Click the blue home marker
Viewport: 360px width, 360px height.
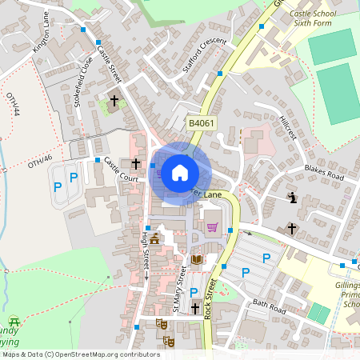pyautogui.click(x=179, y=172)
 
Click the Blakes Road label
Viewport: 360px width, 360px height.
pyautogui.click(x=324, y=172)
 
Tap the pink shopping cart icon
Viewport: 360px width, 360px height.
pyautogui.click(x=213, y=227)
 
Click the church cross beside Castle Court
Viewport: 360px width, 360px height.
pyautogui.click(x=136, y=163)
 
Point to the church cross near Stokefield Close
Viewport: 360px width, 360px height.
pyautogui.click(x=114, y=101)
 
